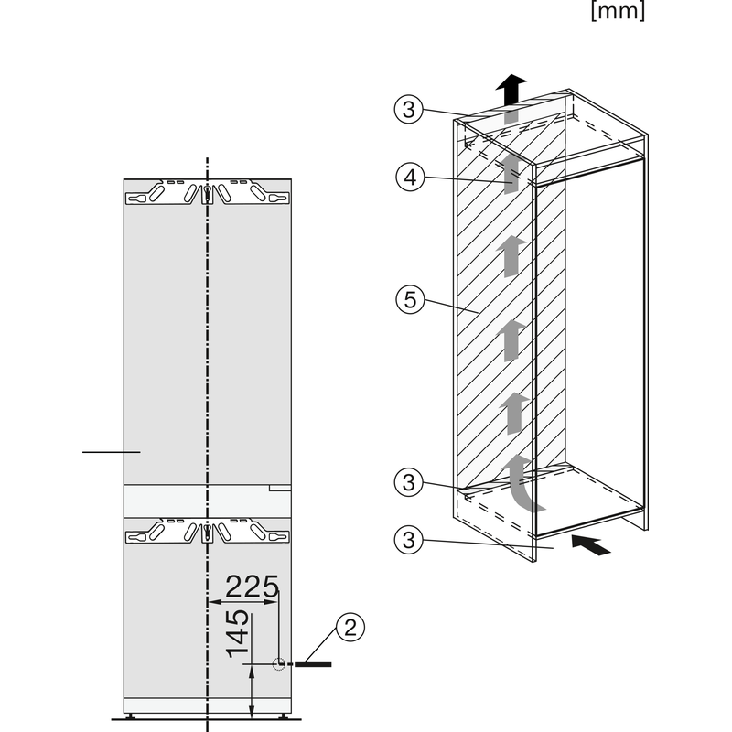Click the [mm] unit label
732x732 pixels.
coord(618,10)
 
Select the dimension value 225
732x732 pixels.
coord(253,587)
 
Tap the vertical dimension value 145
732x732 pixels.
coord(238,634)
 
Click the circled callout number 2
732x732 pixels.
coord(350,627)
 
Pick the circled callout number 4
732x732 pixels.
coord(410,177)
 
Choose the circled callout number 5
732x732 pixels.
coord(410,299)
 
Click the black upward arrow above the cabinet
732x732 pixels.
coord(511,89)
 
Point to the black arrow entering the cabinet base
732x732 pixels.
coord(591,545)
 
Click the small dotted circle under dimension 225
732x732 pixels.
coord(279,664)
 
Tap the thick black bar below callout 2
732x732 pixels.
coord(313,664)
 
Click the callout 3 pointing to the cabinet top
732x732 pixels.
coord(408,109)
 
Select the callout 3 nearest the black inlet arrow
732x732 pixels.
coord(408,540)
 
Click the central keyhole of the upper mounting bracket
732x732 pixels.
coord(208,193)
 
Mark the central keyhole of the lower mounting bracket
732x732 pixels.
coord(208,533)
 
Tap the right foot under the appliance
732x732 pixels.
coord(284,716)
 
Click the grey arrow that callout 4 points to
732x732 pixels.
coord(511,174)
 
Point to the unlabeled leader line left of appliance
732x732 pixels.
coord(111,452)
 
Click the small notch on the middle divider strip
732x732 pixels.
coord(280,488)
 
